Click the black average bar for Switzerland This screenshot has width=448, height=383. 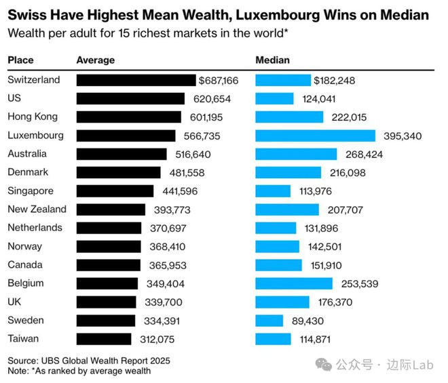pos(136,80)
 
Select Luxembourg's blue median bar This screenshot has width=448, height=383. pos(315,136)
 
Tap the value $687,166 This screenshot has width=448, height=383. pos(219,80)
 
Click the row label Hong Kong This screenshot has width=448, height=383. pos(33,117)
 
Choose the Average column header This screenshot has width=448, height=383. pos(96,60)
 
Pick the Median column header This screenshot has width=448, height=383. pos(272,60)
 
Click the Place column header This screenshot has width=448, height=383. pos(20,60)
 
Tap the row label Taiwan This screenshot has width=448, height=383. pos(24,338)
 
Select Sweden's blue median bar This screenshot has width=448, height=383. pos(269,320)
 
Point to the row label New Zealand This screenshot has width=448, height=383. pos(37,209)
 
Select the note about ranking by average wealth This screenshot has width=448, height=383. pos(79,371)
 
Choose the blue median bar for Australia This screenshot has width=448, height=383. pos(296,154)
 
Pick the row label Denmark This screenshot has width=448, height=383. pos(29,172)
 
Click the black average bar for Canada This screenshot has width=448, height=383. pos(109,264)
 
